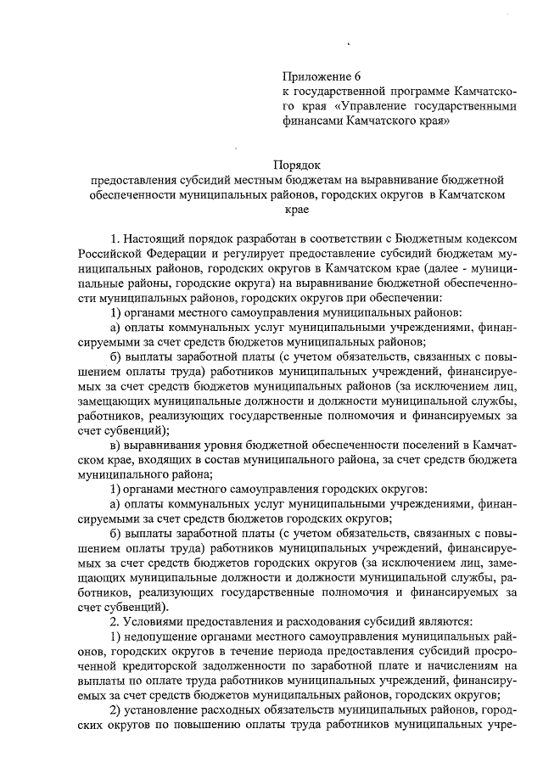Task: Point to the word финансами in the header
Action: pyautogui.click(x=313, y=121)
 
